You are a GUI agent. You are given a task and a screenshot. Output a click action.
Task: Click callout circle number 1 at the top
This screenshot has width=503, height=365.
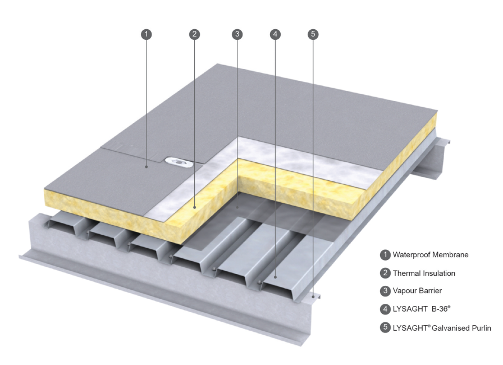pos(146,34)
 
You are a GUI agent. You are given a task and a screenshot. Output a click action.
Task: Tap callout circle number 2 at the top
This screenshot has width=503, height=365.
pos(194,34)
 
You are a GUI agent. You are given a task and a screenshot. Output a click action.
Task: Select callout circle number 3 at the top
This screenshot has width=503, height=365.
pos(237,34)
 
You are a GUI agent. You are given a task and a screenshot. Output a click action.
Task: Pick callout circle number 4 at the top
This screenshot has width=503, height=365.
pos(275,34)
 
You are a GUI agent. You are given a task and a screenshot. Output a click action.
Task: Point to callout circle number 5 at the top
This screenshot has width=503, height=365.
pos(313,34)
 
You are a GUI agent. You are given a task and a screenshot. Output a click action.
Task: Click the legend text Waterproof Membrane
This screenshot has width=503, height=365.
pos(431,255)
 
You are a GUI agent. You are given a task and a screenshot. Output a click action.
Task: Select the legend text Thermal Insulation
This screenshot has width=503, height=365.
pos(424,273)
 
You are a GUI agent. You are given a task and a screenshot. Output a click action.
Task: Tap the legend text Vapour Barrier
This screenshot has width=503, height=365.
pos(417,291)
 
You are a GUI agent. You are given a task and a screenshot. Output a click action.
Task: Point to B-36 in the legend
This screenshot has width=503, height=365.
pos(440,309)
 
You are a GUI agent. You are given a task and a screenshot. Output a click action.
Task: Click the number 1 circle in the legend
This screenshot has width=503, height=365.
pos(385,255)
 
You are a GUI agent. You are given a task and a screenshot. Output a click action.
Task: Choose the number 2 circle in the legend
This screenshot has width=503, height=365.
pos(385,273)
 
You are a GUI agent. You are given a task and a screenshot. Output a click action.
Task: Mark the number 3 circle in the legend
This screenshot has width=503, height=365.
pos(385,291)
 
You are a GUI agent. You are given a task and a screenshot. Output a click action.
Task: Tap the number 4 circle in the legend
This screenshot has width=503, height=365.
pos(385,309)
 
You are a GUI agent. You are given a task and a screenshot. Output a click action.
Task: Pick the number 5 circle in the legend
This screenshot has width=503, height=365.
pos(385,327)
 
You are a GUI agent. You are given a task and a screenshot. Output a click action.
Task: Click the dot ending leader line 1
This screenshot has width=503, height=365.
pos(146,166)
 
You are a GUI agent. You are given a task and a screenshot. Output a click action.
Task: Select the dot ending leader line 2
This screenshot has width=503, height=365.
pos(194,207)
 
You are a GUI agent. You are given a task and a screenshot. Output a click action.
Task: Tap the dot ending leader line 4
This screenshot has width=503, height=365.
pos(275,276)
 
